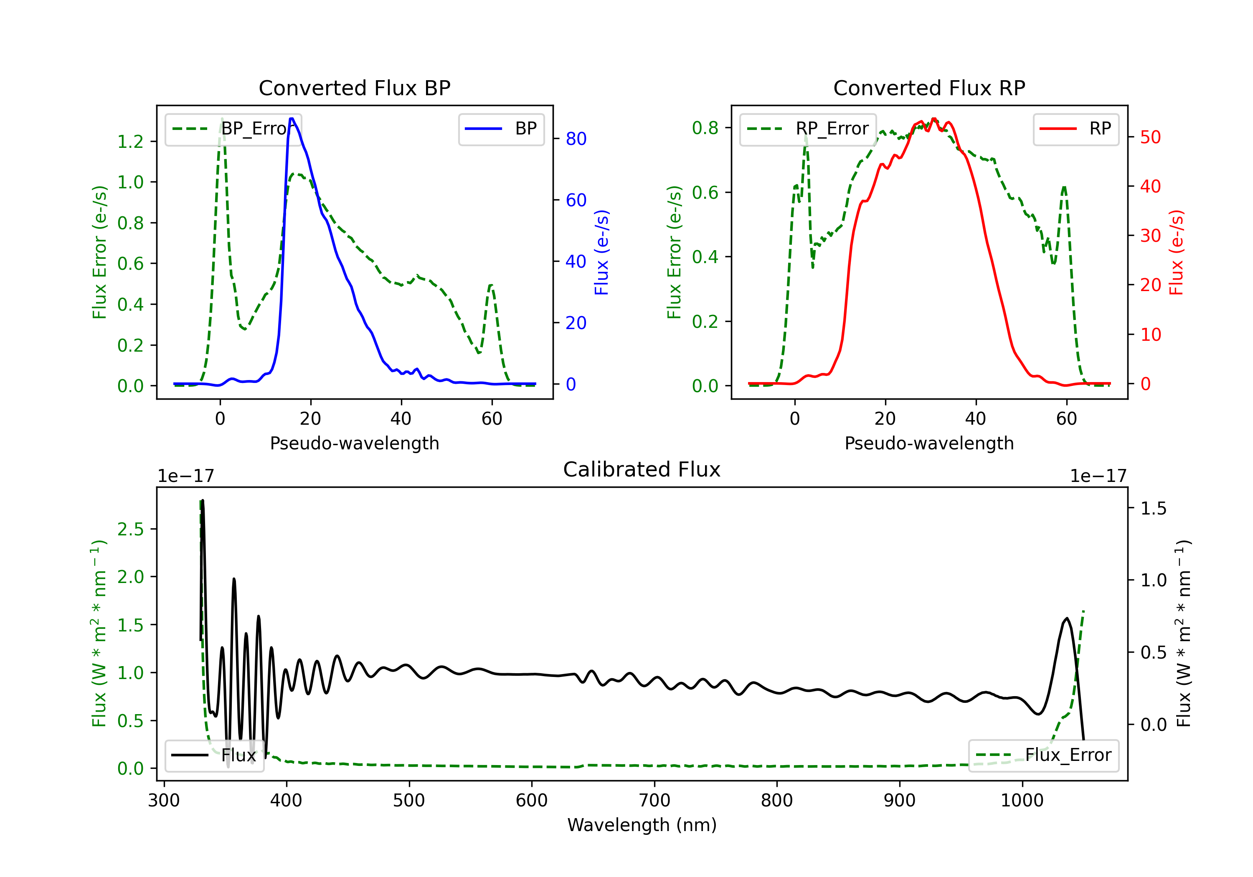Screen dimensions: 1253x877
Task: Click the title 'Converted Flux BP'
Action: tap(354, 88)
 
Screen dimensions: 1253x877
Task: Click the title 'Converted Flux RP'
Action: tap(929, 88)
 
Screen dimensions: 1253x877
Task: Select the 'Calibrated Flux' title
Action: tap(642, 469)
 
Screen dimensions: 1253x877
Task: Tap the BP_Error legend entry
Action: tap(233, 129)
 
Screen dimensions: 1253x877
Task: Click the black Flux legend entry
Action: tap(214, 755)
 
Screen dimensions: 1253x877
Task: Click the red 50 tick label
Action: tap(1150, 137)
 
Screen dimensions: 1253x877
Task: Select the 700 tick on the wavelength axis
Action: tap(654, 800)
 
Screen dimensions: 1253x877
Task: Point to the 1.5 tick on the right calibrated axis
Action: tap(1153, 509)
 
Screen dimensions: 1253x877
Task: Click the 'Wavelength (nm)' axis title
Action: tap(642, 825)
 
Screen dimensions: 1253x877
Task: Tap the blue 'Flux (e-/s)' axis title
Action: tap(601, 252)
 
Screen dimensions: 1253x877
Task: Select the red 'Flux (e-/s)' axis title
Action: tap(1176, 252)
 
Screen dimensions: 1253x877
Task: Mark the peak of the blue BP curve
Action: tap(292, 119)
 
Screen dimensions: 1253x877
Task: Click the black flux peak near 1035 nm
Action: tap(1067, 618)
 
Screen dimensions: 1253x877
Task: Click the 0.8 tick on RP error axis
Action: tap(705, 128)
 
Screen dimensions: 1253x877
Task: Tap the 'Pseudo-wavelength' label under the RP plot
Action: tap(929, 443)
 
